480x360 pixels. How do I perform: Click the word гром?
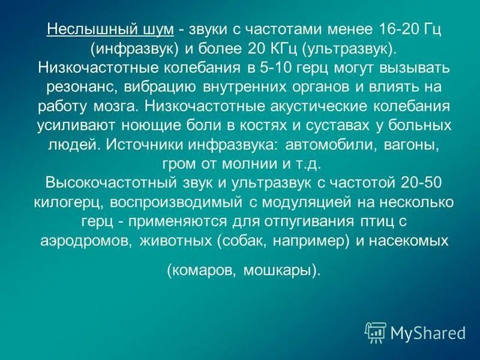(178, 164)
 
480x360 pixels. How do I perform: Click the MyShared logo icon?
(375, 332)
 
